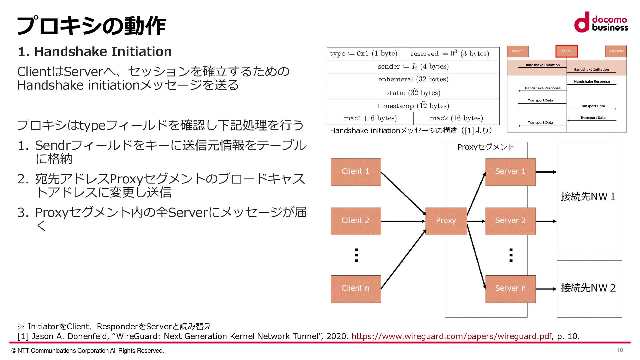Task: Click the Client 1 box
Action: pos(356,172)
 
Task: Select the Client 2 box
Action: pos(356,221)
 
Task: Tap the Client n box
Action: pos(356,289)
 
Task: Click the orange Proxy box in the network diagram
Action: pos(446,221)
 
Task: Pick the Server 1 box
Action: pos(510,172)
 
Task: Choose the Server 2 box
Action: pos(510,221)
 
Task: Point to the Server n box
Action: pos(510,289)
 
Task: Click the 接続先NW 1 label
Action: pos(588,197)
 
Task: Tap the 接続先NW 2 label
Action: pos(588,288)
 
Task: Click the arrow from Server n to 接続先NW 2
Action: pos(546,289)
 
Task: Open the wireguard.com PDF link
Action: pos(451,336)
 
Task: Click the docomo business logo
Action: pos(601,23)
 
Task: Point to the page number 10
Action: pos(620,350)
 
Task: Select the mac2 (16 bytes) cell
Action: pos(456,118)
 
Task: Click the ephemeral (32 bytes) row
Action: pos(413,79)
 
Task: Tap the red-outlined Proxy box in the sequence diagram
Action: pos(566,51)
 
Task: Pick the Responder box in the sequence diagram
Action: pos(615,51)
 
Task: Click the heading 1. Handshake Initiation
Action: pos(95,52)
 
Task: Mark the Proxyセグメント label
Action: pos(486,147)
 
